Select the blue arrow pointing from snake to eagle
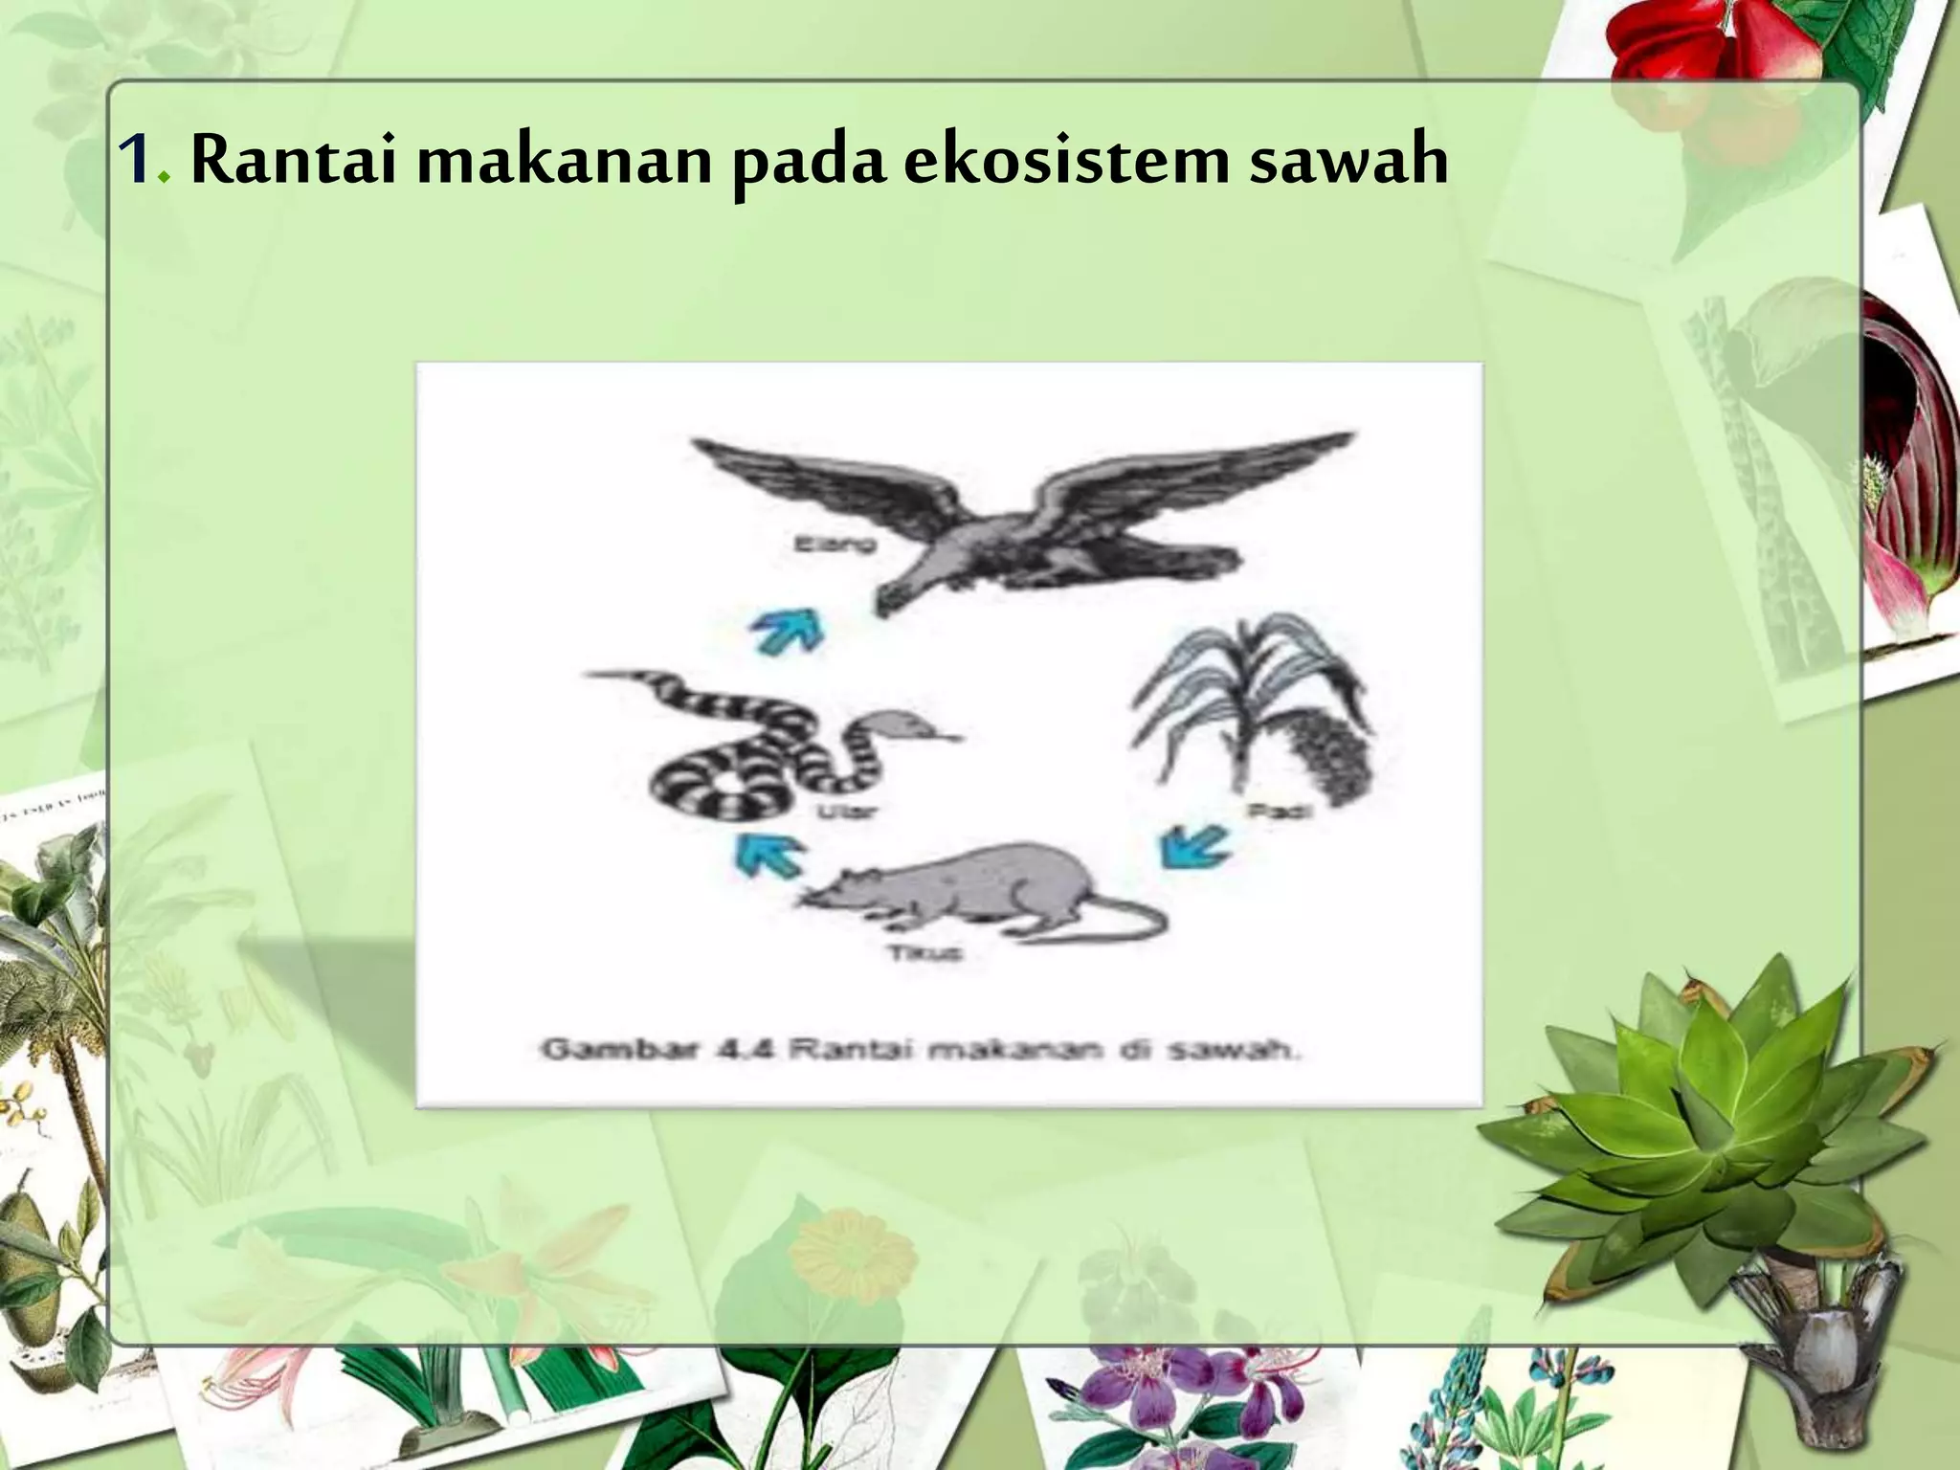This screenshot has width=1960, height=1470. [x=787, y=632]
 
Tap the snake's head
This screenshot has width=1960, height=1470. [x=904, y=726]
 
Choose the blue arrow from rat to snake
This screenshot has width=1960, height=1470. [x=768, y=854]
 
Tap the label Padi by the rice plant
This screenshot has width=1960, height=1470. [x=1280, y=812]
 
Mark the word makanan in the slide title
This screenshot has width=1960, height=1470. [x=565, y=161]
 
